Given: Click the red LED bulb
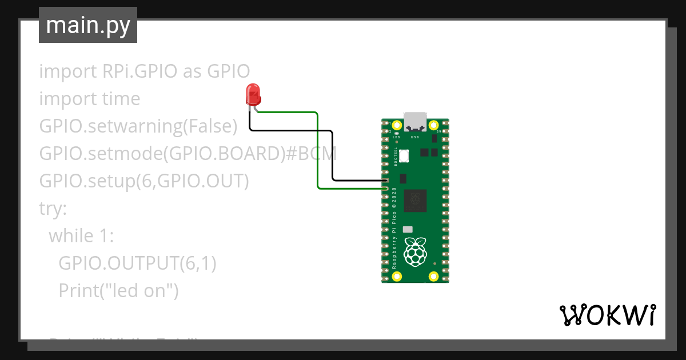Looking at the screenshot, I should (252, 94).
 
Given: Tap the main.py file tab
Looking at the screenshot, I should (88, 25).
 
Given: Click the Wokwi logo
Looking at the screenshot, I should (607, 314).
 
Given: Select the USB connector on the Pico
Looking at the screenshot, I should (416, 121).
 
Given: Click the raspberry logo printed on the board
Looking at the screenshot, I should (416, 251).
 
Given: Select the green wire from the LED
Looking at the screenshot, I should (317, 149).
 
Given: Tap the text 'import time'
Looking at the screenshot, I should (89, 99).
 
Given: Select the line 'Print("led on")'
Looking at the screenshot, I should (118, 291).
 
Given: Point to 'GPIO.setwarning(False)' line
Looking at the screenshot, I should (138, 126).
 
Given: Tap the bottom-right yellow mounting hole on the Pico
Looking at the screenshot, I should (434, 277).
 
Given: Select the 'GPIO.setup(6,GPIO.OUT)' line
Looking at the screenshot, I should (144, 181).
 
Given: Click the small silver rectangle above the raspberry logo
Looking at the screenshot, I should (408, 229).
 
